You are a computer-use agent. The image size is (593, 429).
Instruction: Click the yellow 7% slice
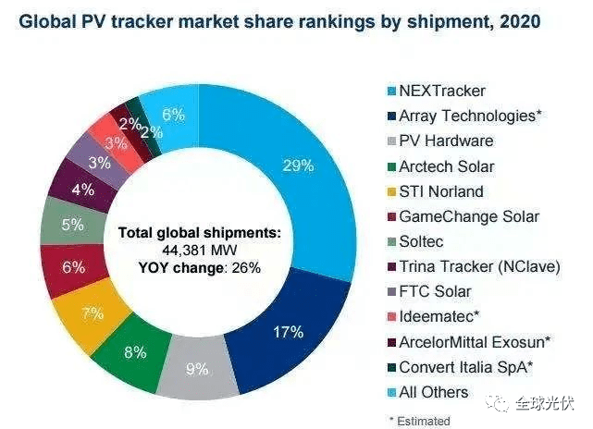(x=91, y=313)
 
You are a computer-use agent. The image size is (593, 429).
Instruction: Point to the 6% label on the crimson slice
(x=72, y=267)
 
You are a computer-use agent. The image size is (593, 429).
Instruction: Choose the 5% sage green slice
(x=72, y=225)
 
